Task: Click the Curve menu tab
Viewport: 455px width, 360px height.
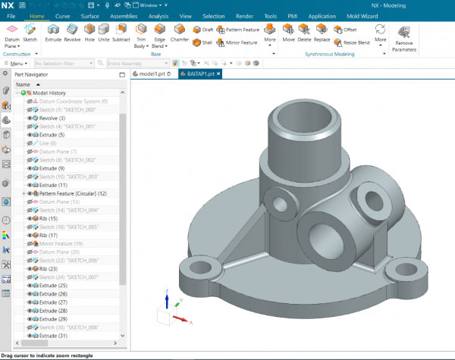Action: [x=63, y=14]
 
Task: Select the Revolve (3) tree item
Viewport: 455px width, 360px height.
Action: [x=52, y=117]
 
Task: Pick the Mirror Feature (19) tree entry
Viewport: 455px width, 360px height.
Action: [x=61, y=243]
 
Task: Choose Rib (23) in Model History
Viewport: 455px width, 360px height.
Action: [x=47, y=268]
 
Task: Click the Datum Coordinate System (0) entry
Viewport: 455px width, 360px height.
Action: [x=73, y=101]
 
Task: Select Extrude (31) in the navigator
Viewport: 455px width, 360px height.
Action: [x=52, y=336]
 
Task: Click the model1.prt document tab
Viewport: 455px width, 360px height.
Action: [x=152, y=74]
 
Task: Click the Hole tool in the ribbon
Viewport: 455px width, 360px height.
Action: [x=89, y=32]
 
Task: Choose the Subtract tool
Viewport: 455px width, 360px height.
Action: [x=121, y=32]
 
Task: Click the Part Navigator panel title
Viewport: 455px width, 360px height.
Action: [x=31, y=74]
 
